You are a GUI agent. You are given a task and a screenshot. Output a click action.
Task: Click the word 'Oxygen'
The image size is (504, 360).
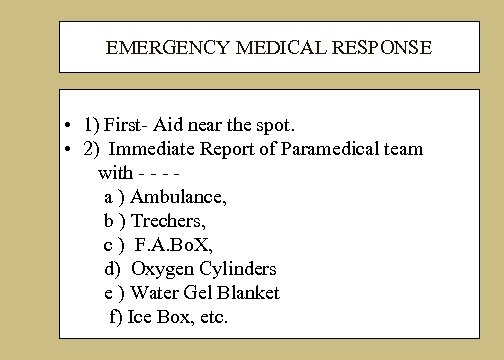(x=162, y=269)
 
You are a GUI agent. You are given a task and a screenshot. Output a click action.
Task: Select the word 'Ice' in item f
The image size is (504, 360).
(x=135, y=317)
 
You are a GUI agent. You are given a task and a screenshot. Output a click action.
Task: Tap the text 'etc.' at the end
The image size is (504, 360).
(x=212, y=317)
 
